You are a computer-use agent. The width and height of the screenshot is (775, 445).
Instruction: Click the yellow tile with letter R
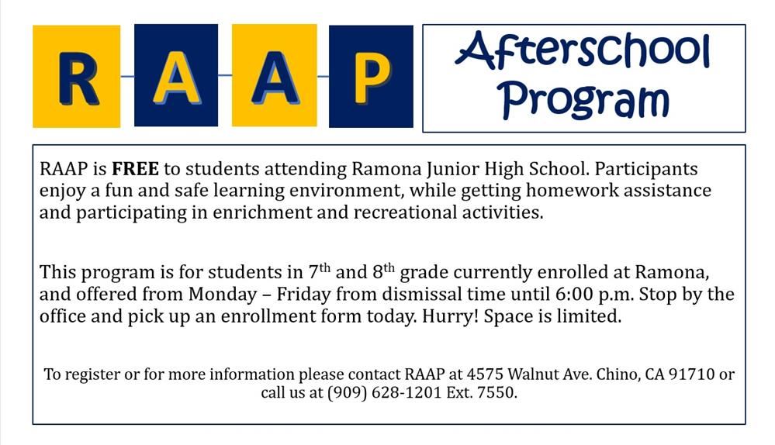tap(76, 76)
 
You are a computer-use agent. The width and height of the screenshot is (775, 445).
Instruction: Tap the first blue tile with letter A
tap(176, 75)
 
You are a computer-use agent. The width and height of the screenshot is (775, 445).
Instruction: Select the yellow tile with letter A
tap(274, 75)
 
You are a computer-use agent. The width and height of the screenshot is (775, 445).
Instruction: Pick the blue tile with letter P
tap(371, 76)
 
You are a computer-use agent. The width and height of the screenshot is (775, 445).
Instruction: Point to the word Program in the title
tap(583, 99)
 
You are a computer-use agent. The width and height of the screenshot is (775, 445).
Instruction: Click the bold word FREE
tap(135, 169)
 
